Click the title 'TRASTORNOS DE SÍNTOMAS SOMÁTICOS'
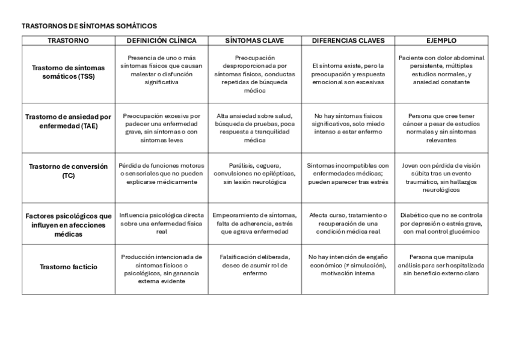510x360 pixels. tap(89, 26)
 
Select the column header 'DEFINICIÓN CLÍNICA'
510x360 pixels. tap(161, 41)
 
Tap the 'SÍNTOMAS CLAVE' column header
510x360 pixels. tap(254, 41)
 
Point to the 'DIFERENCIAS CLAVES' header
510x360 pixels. tap(348, 41)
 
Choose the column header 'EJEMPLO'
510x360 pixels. tap(441, 41)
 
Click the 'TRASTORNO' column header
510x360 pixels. tap(68, 41)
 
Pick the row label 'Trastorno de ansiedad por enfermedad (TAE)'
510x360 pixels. tap(68, 121)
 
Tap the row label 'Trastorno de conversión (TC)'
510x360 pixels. tap(68, 171)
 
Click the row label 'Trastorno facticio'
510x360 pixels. tap(68, 267)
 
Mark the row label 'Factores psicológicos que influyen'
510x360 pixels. tap(68, 224)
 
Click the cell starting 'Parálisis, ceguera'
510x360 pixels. tap(254, 174)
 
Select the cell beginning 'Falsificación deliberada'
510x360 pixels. tap(254, 265)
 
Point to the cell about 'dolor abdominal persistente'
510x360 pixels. tap(441, 70)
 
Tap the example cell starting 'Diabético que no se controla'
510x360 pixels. tap(441, 223)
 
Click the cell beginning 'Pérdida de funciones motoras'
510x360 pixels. tap(161, 174)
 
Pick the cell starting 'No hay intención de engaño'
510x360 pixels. tap(348, 265)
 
